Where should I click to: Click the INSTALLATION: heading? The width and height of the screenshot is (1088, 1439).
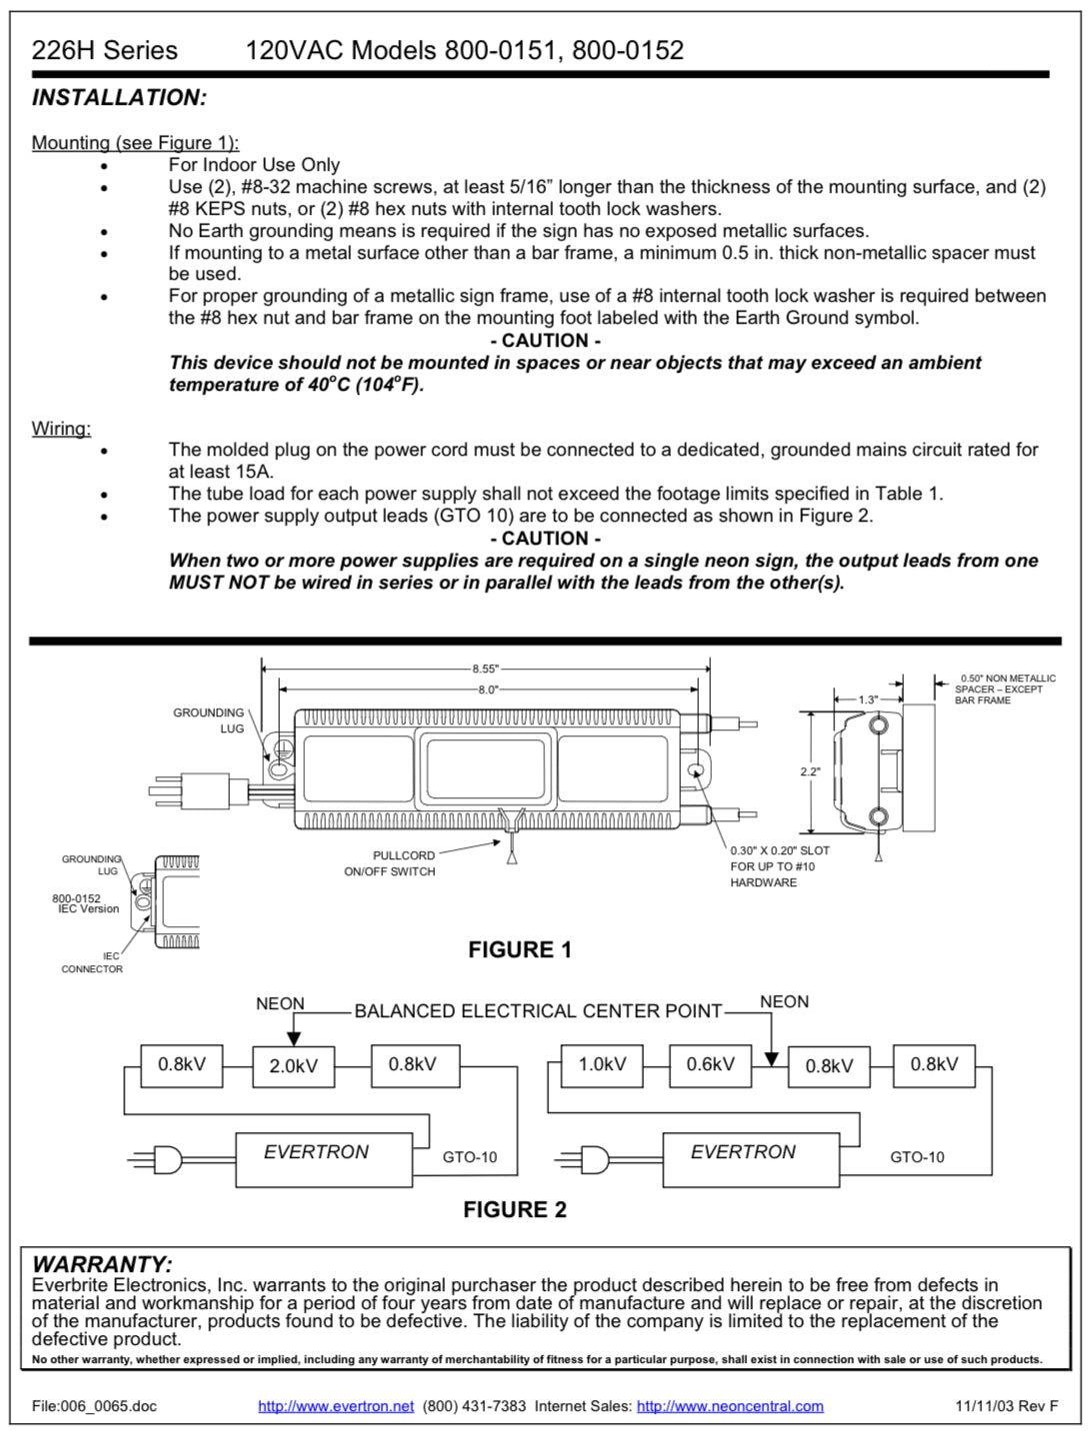click(119, 98)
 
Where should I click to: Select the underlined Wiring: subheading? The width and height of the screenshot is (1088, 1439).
click(61, 429)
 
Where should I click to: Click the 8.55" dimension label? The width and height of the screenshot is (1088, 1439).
click(486, 669)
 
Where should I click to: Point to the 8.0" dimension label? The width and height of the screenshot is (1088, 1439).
click(487, 690)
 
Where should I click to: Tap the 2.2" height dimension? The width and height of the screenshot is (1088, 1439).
click(810, 771)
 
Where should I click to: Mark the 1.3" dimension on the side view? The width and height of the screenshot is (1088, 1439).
click(868, 700)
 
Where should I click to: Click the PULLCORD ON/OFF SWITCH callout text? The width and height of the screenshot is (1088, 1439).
click(391, 863)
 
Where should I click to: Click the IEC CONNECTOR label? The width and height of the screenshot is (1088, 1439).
click(93, 962)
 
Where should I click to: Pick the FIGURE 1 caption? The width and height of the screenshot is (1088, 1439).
click(520, 949)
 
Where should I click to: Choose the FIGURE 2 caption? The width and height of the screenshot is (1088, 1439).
click(514, 1209)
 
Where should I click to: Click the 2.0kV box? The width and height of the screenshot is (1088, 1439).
click(293, 1066)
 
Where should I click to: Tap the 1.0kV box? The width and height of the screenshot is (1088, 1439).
click(602, 1064)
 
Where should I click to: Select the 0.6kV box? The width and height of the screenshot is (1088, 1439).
click(710, 1064)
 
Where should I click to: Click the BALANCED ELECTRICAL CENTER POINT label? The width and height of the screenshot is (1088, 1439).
click(538, 1011)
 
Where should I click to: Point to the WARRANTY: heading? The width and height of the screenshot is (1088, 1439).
click(102, 1264)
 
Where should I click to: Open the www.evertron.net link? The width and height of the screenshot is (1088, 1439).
click(336, 1406)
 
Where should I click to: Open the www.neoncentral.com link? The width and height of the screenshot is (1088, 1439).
click(730, 1406)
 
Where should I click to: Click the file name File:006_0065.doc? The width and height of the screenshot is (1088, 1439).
click(94, 1406)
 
